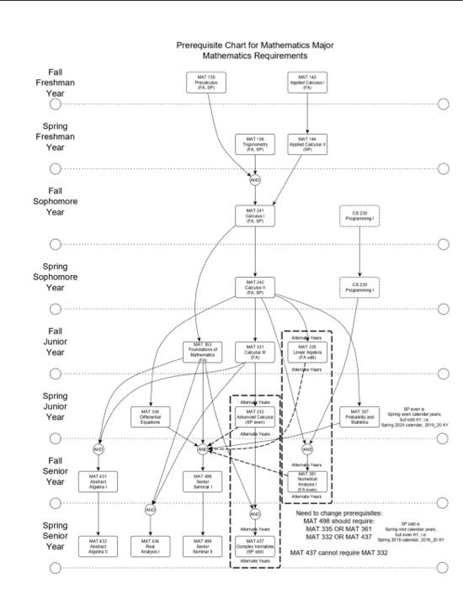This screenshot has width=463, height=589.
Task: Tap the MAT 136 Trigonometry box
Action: (x=255, y=143)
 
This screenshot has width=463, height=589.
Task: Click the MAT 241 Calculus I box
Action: (x=255, y=215)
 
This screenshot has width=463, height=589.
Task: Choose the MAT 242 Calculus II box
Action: (x=255, y=289)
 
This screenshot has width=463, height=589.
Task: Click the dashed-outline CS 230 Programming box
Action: (x=359, y=215)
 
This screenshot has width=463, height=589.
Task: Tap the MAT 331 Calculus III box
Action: (x=255, y=352)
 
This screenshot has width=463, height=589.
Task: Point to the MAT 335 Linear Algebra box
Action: (x=307, y=352)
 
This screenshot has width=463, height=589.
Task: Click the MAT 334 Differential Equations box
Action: (x=151, y=417)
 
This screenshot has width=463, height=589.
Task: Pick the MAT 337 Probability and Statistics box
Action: (x=359, y=417)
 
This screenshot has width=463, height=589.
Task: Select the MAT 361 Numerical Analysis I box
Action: (x=307, y=480)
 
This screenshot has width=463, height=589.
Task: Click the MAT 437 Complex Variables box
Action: (x=255, y=544)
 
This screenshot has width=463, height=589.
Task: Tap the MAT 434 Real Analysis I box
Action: (x=151, y=544)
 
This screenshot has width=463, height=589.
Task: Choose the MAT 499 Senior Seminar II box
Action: (x=203, y=544)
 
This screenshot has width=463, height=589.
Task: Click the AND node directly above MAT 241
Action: (x=255, y=179)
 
